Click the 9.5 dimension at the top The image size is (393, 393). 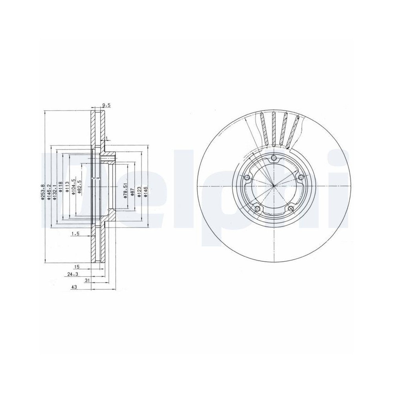(x=106, y=105)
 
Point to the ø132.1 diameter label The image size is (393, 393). (x=55, y=192)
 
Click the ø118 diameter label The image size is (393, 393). (x=61, y=184)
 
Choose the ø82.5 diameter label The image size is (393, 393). (x=79, y=185)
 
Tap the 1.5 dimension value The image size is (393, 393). (x=75, y=234)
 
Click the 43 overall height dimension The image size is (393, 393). (x=73, y=288)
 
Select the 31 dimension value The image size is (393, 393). (x=87, y=281)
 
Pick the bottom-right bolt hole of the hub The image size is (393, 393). (x=290, y=209)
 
